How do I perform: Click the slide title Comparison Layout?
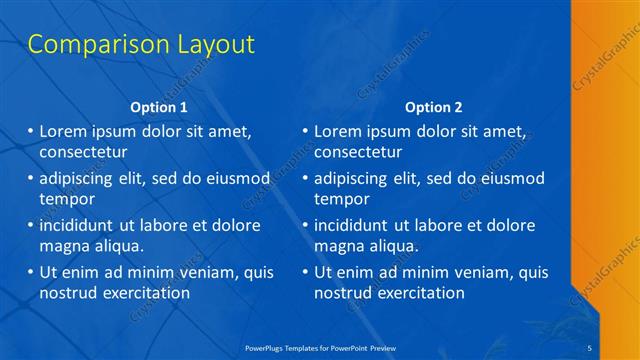click(x=141, y=44)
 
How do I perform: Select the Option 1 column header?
click(x=158, y=107)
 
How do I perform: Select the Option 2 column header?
click(x=433, y=107)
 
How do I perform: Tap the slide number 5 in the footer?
click(x=589, y=347)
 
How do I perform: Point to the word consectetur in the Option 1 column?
click(x=83, y=153)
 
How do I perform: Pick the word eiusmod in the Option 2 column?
click(x=509, y=178)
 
